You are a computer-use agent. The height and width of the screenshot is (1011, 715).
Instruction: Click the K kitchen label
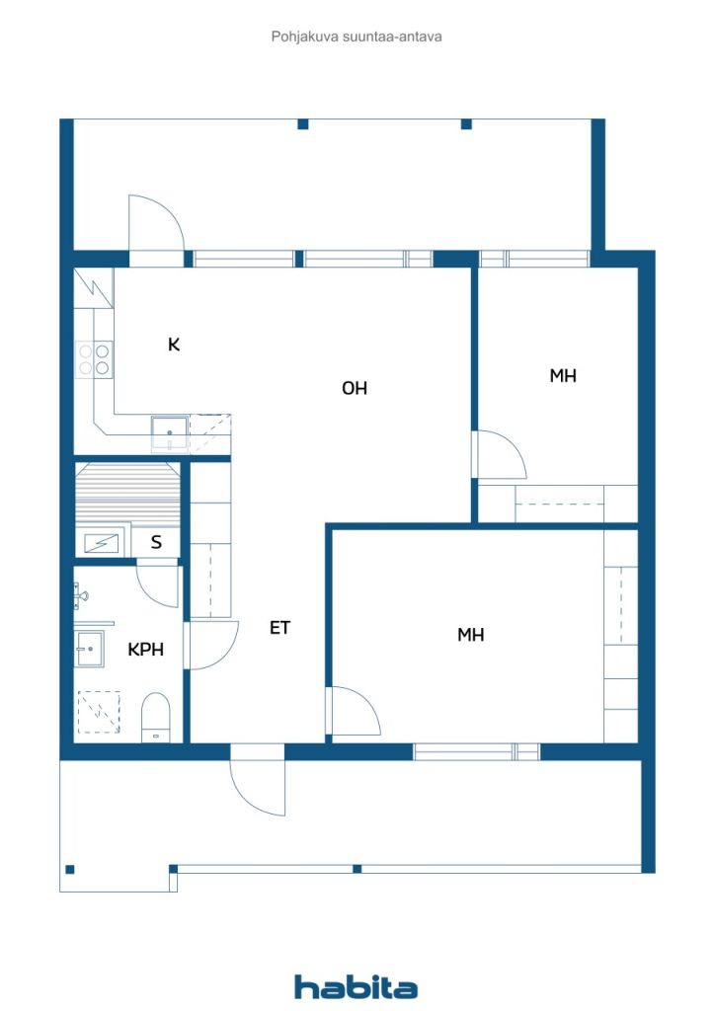pos(174,345)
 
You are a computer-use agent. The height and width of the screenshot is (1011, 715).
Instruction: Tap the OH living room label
pos(354,388)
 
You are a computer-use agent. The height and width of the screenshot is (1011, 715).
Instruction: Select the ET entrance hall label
pos(279,627)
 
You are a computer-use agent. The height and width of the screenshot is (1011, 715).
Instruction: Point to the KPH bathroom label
pos(146,650)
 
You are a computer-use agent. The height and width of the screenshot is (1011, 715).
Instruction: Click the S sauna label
pos(156,542)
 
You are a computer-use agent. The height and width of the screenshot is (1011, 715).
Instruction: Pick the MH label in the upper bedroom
pos(563,376)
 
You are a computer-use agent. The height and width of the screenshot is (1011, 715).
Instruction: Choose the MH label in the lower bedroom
pos(471,635)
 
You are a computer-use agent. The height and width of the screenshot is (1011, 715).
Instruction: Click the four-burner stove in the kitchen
pos(94,359)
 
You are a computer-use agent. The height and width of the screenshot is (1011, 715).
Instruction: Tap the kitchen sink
pos(170,433)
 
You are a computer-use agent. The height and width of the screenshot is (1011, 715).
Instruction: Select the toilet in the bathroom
pos(155,718)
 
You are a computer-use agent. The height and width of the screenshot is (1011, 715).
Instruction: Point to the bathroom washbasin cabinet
pos(90,649)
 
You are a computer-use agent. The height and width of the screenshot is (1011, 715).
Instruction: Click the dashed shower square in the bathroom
pos(99,712)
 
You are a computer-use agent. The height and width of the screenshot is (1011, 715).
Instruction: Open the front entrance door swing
pos(258,780)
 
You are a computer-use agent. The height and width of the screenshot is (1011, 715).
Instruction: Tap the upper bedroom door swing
pos(499,455)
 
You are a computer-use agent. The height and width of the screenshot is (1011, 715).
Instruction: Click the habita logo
pos(356,987)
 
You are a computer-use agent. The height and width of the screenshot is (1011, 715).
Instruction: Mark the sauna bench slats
pos(127,497)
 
